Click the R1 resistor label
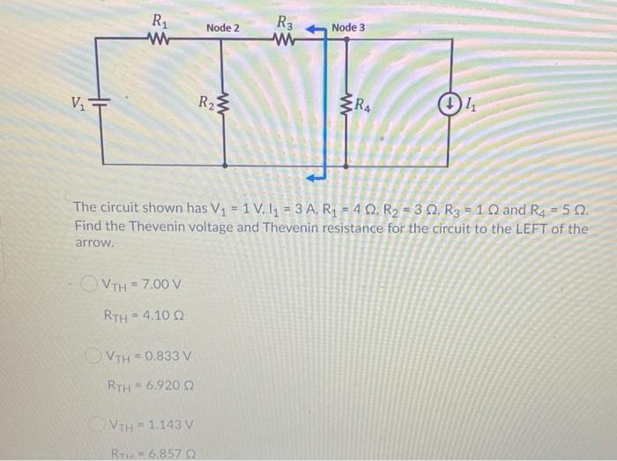click(x=157, y=19)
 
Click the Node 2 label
click(x=222, y=28)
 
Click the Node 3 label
click(x=348, y=27)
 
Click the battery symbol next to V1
click(x=102, y=104)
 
